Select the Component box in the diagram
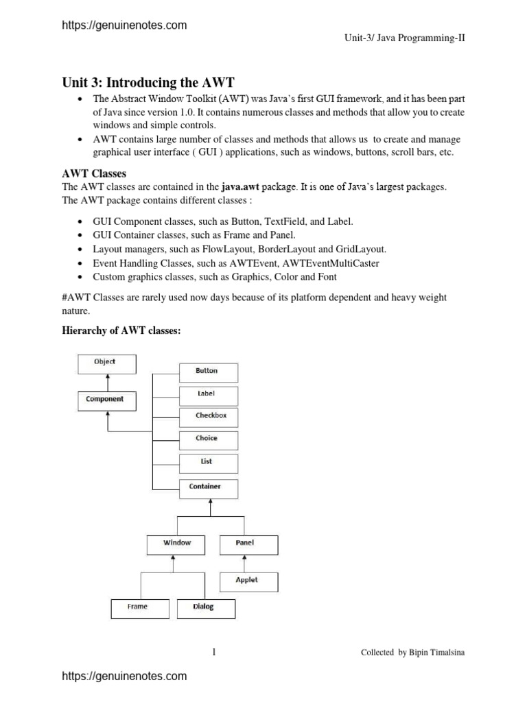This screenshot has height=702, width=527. [105, 400]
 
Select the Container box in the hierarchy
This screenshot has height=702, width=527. [209, 488]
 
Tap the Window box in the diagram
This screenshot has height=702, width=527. [176, 544]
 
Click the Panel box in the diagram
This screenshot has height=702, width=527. [248, 544]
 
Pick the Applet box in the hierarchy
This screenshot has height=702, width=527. [248, 581]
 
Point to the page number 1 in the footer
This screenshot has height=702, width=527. [214, 652]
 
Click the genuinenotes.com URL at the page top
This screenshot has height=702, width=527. [124, 25]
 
